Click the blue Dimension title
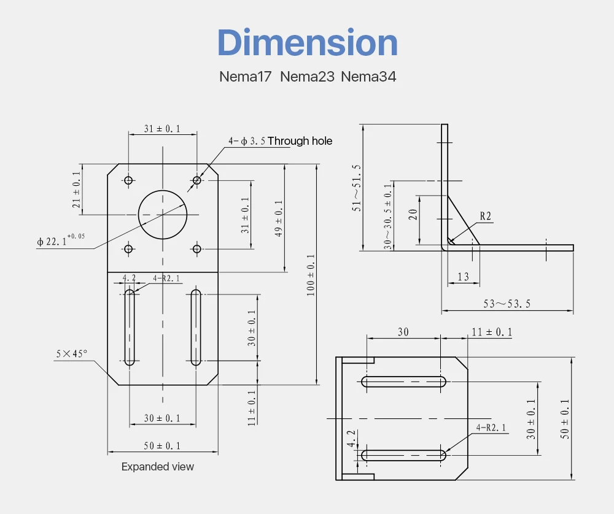[308, 43]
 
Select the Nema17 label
[247, 77]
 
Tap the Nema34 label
[368, 77]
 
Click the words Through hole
[300, 141]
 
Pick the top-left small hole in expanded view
[128, 180]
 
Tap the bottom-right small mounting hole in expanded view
[196, 248]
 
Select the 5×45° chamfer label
[72, 353]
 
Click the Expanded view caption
[158, 467]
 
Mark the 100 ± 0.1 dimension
[311, 275]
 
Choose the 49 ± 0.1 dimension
[278, 219]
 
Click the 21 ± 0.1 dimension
[77, 190]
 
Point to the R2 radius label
[485, 216]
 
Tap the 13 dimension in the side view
[463, 277]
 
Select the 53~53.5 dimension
[507, 304]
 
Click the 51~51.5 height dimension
[357, 188]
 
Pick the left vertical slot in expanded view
[130, 328]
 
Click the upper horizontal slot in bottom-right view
[403, 382]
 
